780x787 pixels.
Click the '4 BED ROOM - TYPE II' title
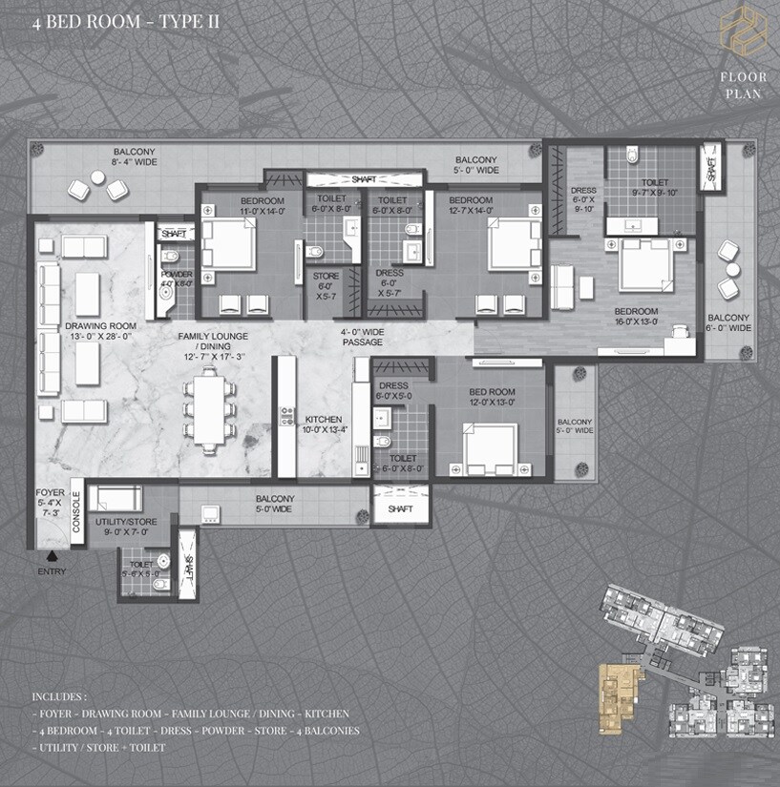click(113, 20)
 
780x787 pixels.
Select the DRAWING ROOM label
click(101, 330)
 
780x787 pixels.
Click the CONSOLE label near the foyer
click(76, 510)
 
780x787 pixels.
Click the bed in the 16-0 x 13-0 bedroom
click(645, 264)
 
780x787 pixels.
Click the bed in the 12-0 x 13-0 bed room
click(491, 449)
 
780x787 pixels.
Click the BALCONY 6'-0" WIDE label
click(728, 322)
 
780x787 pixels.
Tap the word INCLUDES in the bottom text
click(59, 697)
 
